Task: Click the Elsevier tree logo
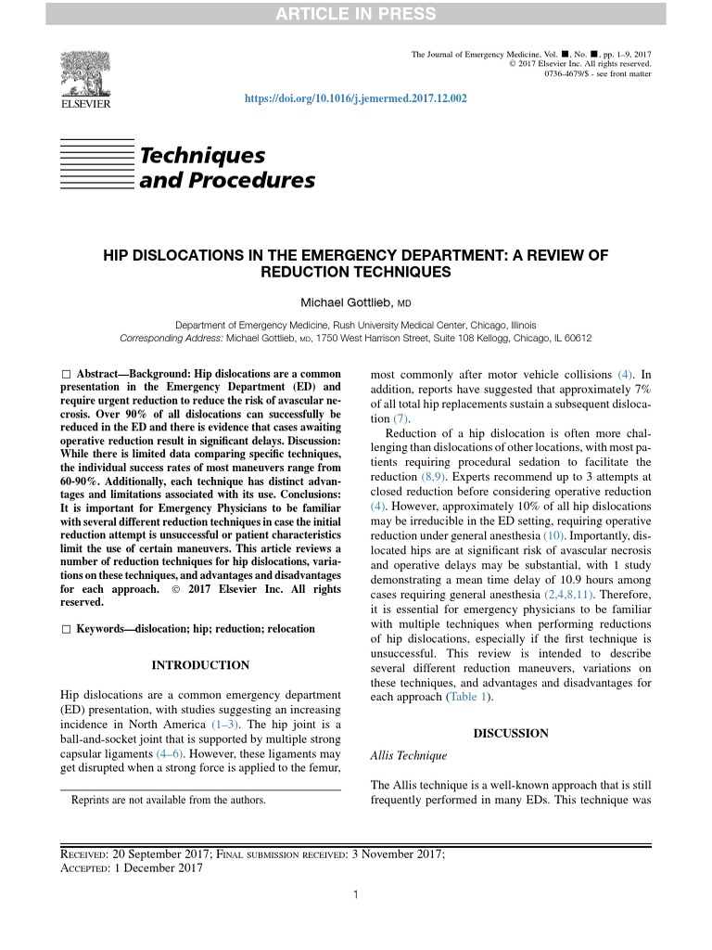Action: pyautogui.click(x=85, y=74)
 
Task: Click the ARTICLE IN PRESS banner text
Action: pyautogui.click(x=355, y=12)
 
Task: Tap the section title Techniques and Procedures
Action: pyautogui.click(x=226, y=167)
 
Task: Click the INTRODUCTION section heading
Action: pyautogui.click(x=200, y=665)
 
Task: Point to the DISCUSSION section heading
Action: pyautogui.click(x=511, y=733)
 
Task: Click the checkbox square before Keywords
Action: pyautogui.click(x=65, y=629)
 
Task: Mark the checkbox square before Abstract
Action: pyautogui.click(x=65, y=372)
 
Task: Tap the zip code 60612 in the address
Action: pyautogui.click(x=576, y=339)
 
